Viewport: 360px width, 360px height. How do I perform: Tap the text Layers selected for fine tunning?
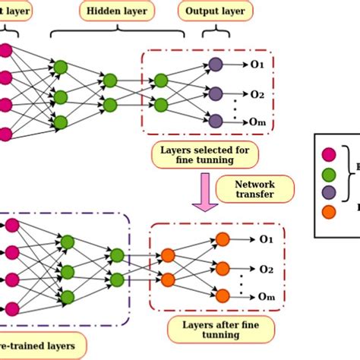[204, 156]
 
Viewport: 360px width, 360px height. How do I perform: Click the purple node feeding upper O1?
[215, 65]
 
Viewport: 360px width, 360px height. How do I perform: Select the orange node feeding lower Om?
[222, 295]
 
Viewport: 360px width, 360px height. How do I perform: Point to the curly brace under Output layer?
[215, 33]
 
